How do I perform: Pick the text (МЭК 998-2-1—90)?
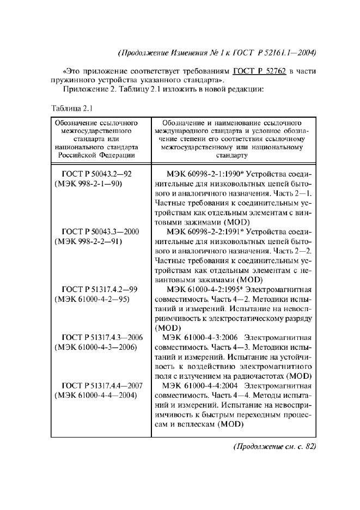[88, 184]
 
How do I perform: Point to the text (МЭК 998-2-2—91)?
[88, 241]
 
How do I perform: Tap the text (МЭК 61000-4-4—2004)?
[95, 394]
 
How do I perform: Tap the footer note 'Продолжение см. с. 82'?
[274, 447]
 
